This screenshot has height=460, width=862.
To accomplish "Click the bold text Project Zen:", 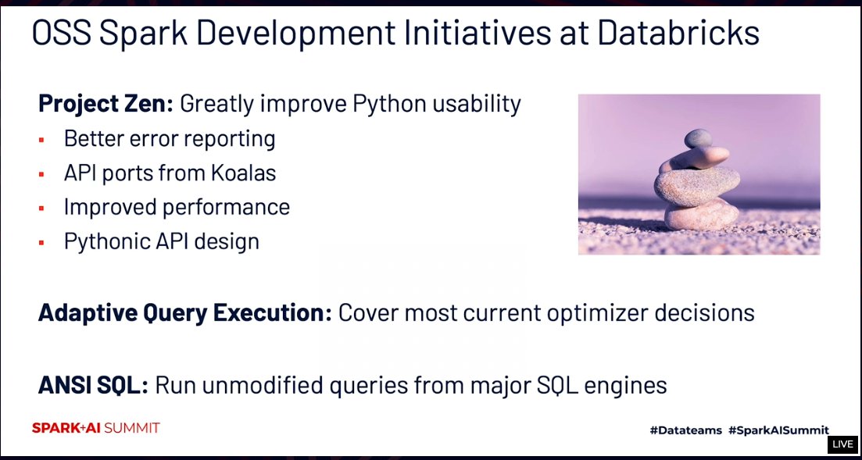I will pos(107,103).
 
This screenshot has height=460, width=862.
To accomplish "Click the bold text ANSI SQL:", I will pos(93,385).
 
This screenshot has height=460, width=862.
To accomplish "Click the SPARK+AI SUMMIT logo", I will pos(95,428).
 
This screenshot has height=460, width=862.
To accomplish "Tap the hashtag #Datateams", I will pos(685,430).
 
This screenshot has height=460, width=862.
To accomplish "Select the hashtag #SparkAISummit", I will pos(778,430).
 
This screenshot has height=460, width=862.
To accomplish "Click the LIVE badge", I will pos(842,444).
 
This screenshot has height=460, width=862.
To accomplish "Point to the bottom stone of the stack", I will pos(701,213).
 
